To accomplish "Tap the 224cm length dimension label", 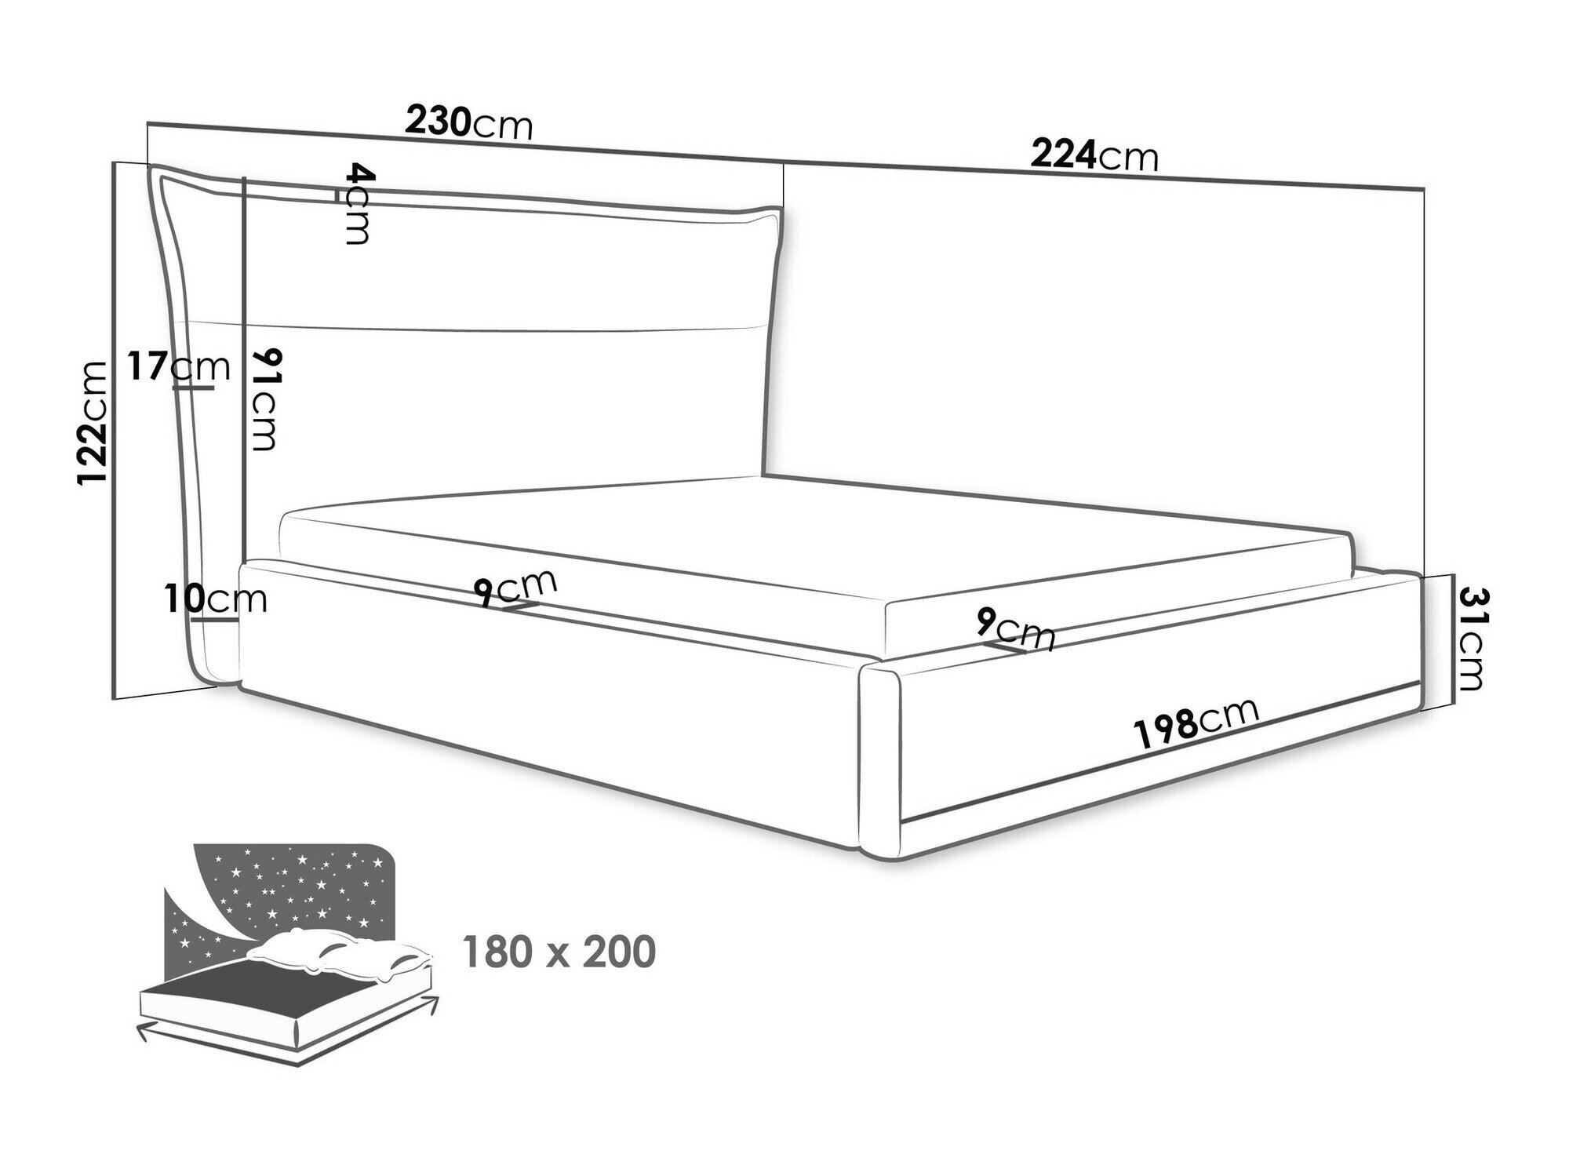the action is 1094,155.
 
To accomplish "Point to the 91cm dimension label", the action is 263,400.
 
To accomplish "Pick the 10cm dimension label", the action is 217,599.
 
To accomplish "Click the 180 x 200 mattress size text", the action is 559,952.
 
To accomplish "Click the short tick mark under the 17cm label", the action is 193,387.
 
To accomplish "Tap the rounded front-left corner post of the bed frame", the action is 881,760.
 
